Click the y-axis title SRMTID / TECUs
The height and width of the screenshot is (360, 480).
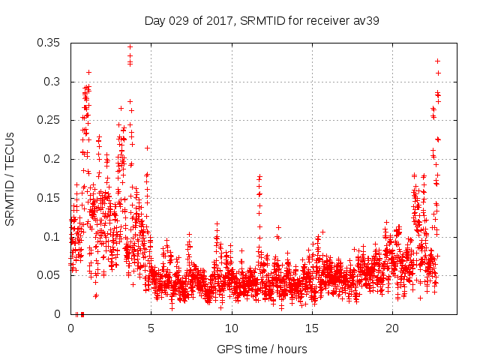[x=10, y=178]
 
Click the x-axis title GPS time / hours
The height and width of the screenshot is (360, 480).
[x=262, y=349]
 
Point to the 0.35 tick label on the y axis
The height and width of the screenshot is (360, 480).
[x=50, y=43]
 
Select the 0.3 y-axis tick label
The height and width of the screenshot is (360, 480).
[x=53, y=82]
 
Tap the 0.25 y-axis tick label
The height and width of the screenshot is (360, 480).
[x=50, y=120]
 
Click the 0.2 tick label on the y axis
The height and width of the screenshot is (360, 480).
[x=53, y=159]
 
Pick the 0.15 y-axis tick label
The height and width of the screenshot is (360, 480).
[x=50, y=198]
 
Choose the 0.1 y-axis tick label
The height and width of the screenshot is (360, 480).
[x=53, y=237]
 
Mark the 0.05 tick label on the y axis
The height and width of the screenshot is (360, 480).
[x=50, y=275]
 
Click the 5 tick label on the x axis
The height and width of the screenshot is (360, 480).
[x=151, y=328]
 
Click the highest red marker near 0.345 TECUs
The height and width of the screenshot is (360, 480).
[x=130, y=46]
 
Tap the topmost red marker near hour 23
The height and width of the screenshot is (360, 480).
[x=437, y=61]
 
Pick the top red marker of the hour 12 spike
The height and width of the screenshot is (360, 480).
[x=259, y=176]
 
